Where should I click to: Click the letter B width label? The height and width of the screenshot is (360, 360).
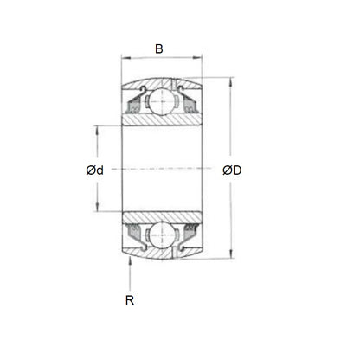158,49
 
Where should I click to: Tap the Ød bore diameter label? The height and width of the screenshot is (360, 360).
94,170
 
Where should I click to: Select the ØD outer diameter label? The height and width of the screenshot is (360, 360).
232,170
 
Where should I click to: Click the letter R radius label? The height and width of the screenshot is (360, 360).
130,300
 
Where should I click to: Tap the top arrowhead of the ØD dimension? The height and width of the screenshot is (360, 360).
229,83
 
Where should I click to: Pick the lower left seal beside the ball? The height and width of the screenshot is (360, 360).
137,231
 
